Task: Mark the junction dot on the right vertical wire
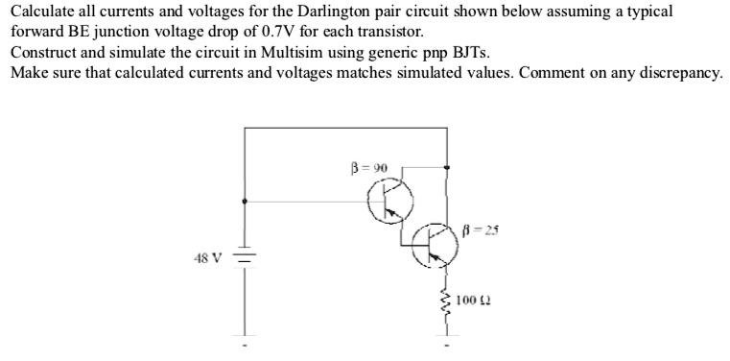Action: pyautogui.click(x=445, y=167)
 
